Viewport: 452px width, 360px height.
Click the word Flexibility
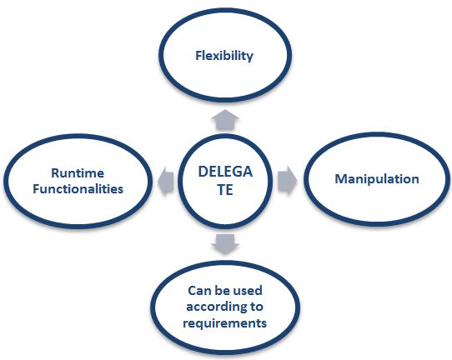point(223,57)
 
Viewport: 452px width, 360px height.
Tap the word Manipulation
point(376,179)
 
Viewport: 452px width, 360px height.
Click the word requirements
point(225,322)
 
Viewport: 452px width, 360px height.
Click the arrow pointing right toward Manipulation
point(285,179)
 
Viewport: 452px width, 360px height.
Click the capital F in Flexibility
point(198,57)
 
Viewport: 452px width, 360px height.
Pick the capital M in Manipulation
point(339,179)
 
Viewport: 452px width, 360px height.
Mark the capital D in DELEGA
point(203,172)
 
